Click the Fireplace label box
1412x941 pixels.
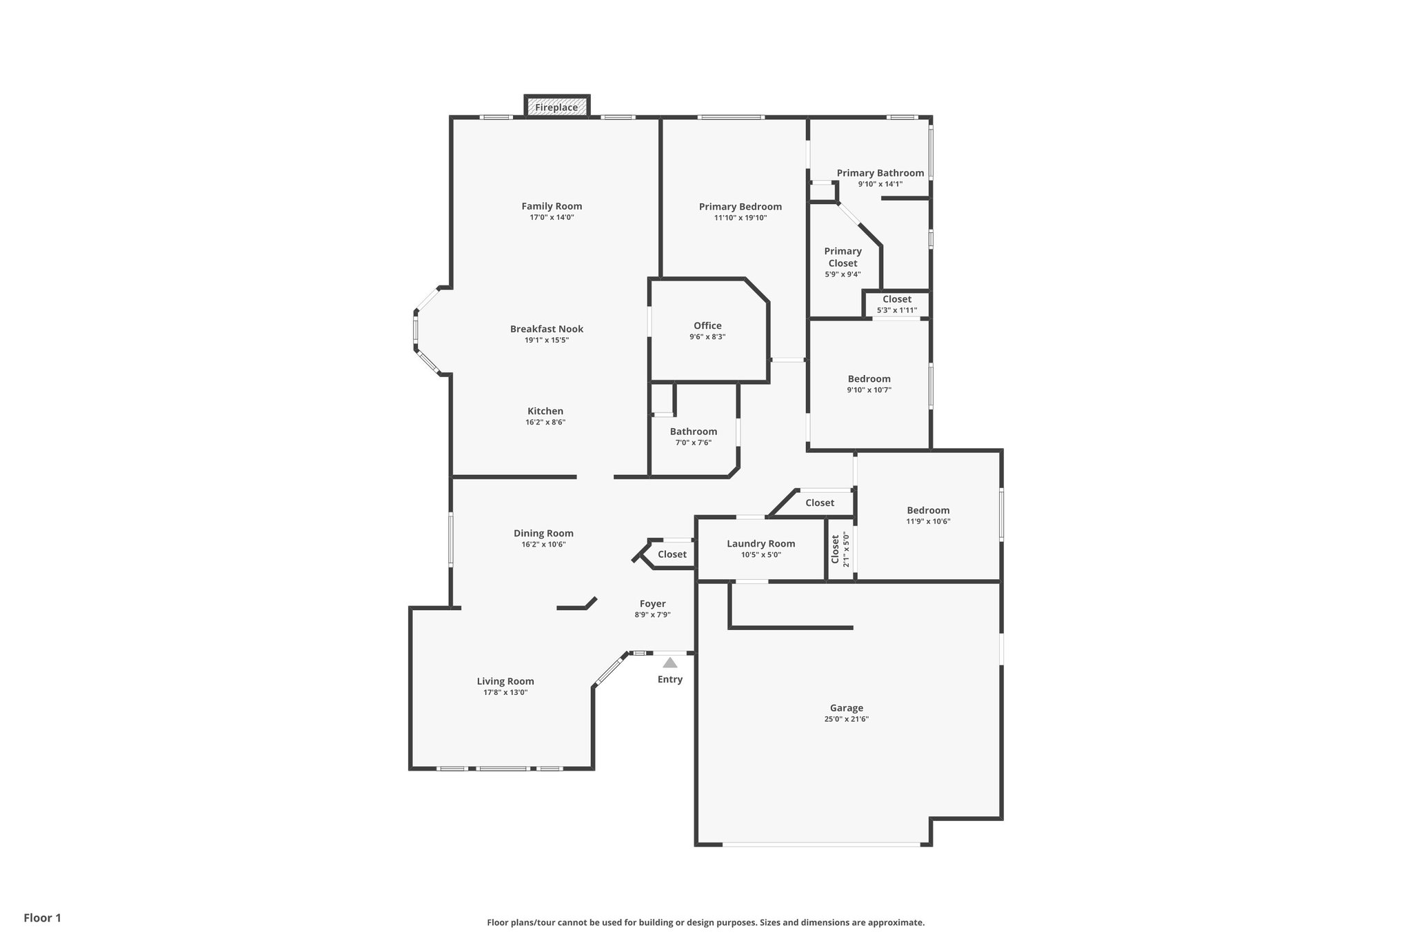click(x=556, y=107)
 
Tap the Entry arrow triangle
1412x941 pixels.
click(x=669, y=663)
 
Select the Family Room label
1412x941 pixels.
click(x=552, y=206)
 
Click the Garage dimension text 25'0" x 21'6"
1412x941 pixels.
click(x=846, y=719)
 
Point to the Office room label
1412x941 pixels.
click(x=707, y=326)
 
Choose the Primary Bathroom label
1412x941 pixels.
click(x=880, y=173)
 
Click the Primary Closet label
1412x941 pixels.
click(x=843, y=257)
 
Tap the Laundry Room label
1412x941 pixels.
click(x=760, y=544)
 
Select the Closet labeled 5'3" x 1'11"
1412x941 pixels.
click(x=896, y=304)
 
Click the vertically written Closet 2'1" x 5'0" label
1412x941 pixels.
click(x=840, y=549)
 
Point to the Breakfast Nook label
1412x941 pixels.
click(x=546, y=329)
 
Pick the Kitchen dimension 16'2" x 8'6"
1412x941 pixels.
click(x=545, y=423)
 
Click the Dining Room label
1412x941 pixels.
click(x=543, y=533)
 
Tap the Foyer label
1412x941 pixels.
click(x=652, y=604)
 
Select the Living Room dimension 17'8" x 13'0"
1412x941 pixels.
click(x=505, y=693)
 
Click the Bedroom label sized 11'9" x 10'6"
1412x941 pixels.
click(x=928, y=511)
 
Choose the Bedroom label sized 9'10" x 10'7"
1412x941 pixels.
click(x=869, y=379)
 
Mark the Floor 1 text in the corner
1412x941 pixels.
click(x=42, y=918)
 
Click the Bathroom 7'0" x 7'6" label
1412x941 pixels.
click(x=693, y=432)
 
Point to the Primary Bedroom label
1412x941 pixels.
click(x=740, y=207)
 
